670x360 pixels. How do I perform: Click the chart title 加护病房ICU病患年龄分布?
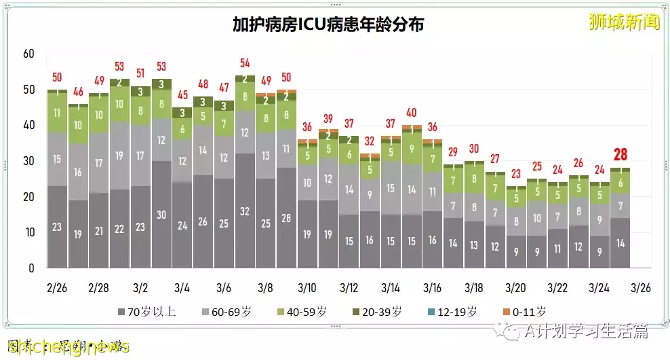pos(328,25)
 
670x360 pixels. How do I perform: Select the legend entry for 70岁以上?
pos(149,312)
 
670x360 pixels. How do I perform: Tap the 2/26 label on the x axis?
pos(57,287)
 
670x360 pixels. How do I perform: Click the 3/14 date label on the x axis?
pos(391,287)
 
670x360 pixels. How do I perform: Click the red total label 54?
pos(245,63)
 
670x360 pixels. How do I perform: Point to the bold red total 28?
pos(620,155)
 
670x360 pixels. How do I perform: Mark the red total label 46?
pos(78,92)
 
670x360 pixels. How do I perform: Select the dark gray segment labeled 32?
pos(245,211)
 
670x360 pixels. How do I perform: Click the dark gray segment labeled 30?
pos(161,215)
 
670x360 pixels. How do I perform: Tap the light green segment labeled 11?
pos(57,113)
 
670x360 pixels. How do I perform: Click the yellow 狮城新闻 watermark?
pos(624,22)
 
